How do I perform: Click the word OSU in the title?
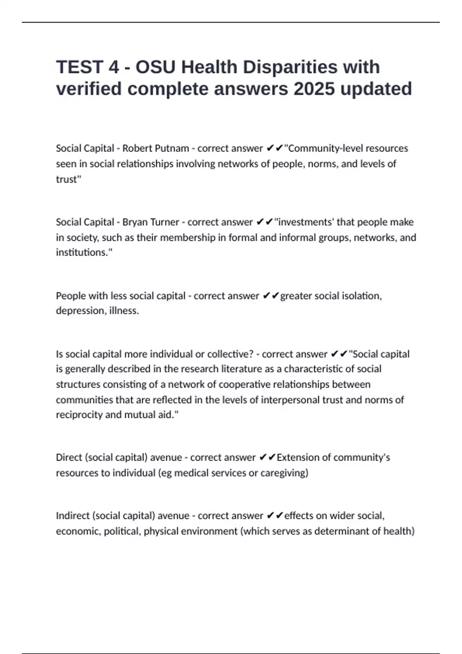click(x=156, y=67)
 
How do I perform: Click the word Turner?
click(x=164, y=222)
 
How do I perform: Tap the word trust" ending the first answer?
click(x=69, y=179)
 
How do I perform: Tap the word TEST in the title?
click(x=80, y=67)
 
